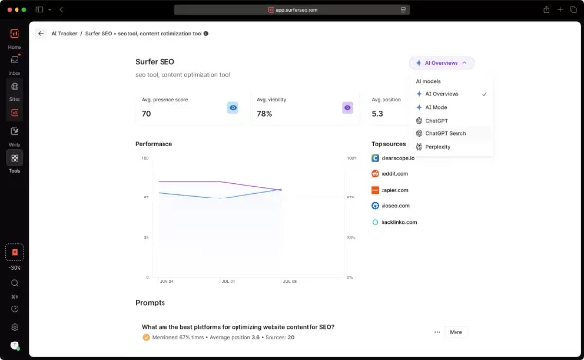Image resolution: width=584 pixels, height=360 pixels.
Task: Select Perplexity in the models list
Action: click(437, 147)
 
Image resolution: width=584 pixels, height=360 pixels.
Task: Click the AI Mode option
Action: click(435, 107)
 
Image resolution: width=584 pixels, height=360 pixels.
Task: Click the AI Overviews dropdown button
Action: click(442, 62)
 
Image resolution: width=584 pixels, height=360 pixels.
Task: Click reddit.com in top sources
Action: click(395, 173)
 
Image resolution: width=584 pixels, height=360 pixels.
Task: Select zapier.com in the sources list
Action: click(395, 190)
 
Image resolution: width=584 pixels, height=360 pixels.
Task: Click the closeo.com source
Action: click(395, 206)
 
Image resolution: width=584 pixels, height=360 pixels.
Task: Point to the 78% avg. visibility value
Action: click(264, 114)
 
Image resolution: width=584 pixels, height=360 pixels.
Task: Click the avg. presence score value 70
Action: click(146, 114)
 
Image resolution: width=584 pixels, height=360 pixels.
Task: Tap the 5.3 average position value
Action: click(379, 114)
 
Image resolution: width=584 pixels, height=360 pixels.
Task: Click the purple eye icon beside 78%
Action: click(347, 108)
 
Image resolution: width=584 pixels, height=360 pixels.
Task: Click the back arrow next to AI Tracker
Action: click(41, 33)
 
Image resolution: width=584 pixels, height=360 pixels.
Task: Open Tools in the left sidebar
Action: click(15, 161)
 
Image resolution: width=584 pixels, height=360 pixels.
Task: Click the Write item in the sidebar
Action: click(15, 134)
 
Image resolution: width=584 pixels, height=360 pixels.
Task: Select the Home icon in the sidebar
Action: click(15, 38)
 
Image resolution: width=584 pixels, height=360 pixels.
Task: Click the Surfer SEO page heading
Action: click(155, 61)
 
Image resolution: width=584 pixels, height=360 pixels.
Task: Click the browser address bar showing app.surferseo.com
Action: click(291, 9)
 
